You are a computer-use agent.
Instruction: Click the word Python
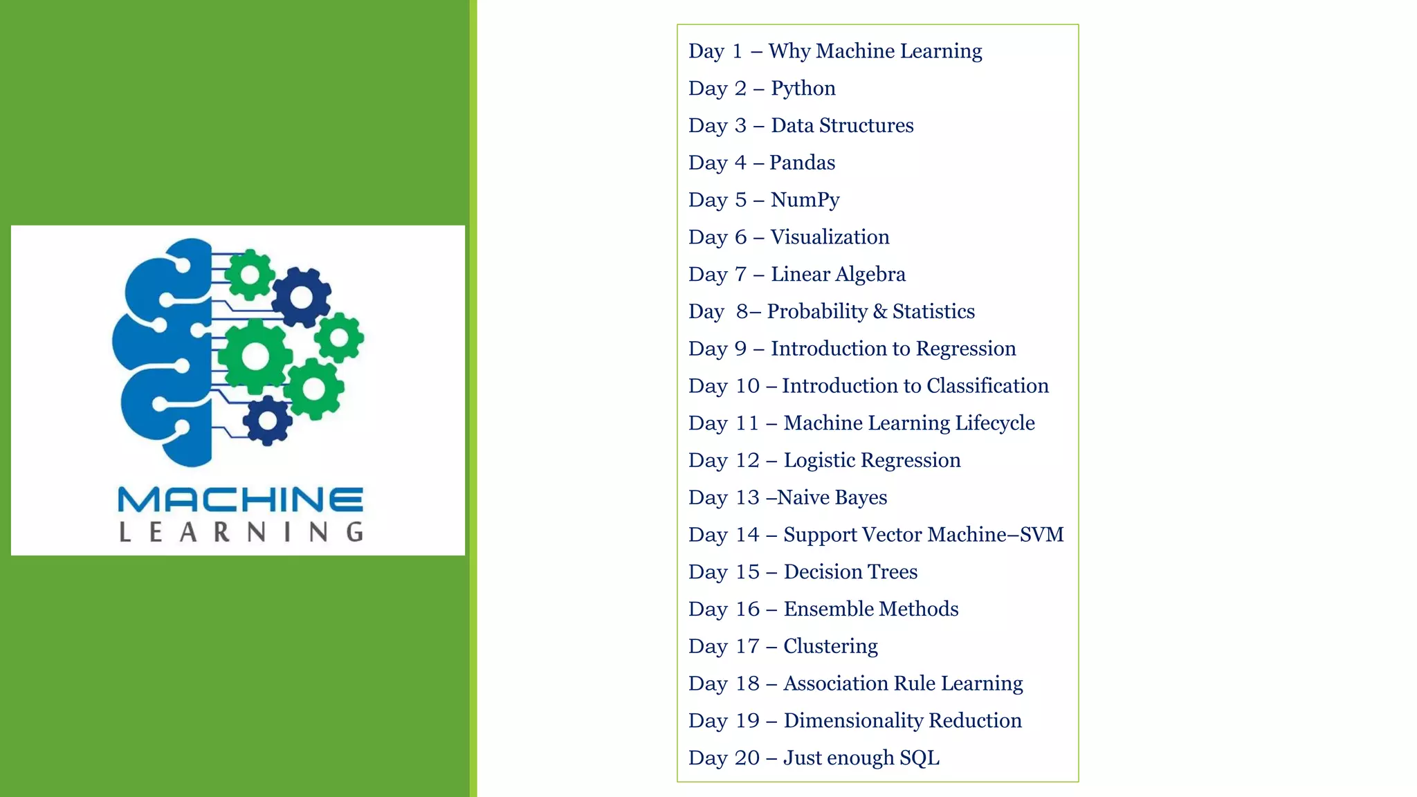(x=803, y=89)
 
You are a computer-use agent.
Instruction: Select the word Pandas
(x=802, y=163)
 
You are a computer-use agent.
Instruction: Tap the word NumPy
(x=805, y=200)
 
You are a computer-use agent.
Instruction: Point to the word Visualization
(x=830, y=237)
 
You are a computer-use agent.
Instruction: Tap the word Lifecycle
(x=994, y=423)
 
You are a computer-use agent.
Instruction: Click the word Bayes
(x=861, y=498)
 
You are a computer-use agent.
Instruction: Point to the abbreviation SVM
(x=1041, y=535)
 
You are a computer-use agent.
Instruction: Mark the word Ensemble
(x=821, y=610)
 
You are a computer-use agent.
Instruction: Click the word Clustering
(x=830, y=647)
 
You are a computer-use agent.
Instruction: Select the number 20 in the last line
(x=747, y=758)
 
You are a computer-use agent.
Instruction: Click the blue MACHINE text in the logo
(x=240, y=500)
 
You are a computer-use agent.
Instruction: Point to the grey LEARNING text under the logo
(x=241, y=532)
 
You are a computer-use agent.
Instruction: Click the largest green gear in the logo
(x=255, y=356)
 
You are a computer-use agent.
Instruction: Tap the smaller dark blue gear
(x=267, y=421)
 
